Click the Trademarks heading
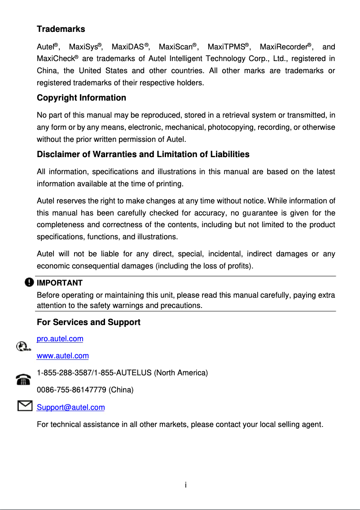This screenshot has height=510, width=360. click(61, 29)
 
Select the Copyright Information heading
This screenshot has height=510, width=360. click(81, 98)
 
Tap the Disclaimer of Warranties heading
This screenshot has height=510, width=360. click(143, 154)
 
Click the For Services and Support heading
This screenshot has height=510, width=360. click(88, 322)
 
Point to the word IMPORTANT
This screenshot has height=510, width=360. click(59, 283)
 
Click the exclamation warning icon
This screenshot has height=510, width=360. click(29, 282)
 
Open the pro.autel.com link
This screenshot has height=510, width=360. click(60, 339)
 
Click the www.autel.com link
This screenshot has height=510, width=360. click(62, 356)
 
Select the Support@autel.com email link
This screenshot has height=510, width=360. click(70, 408)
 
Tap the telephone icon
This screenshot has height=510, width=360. click(22, 380)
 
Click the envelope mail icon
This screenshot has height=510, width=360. click(24, 406)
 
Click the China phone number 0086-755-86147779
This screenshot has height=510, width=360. click(72, 390)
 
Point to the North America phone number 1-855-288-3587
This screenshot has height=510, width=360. click(63, 373)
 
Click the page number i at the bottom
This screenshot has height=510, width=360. click(186, 485)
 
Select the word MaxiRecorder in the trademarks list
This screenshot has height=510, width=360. click(284, 47)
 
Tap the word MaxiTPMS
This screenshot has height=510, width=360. click(228, 47)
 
